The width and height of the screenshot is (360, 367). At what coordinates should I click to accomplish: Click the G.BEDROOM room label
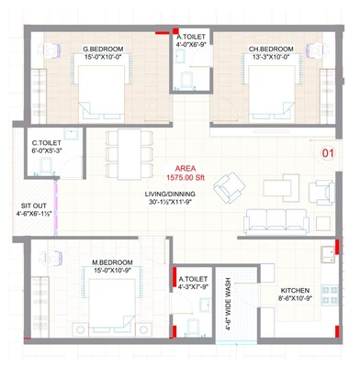coord(97,48)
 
